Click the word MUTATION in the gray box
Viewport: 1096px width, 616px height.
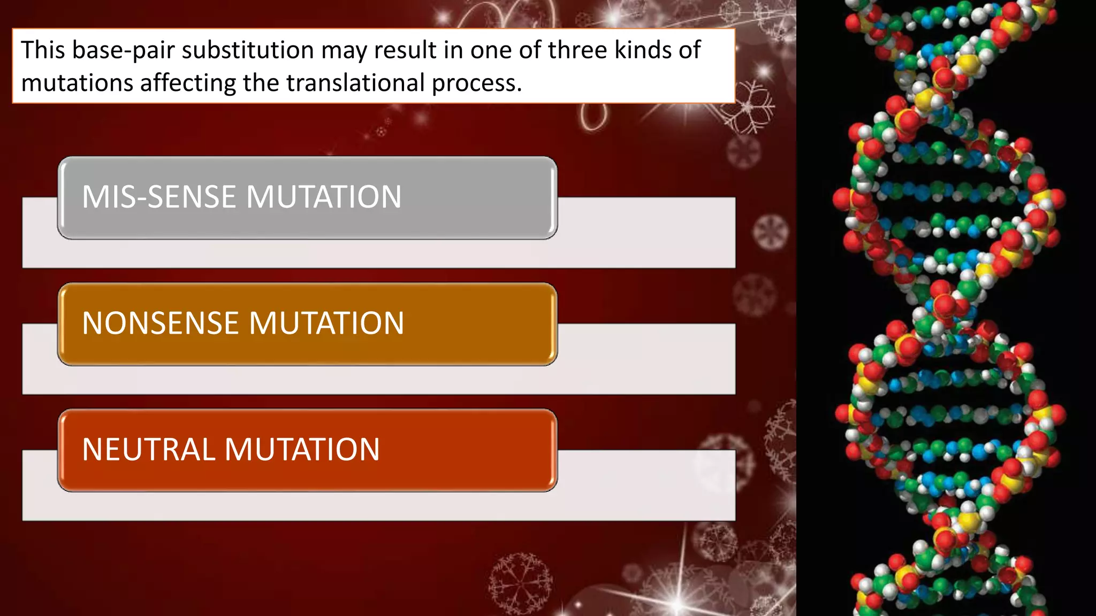click(324, 197)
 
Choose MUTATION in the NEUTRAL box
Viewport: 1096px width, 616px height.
click(302, 450)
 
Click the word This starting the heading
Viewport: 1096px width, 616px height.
click(43, 51)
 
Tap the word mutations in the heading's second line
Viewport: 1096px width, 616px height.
click(77, 83)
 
